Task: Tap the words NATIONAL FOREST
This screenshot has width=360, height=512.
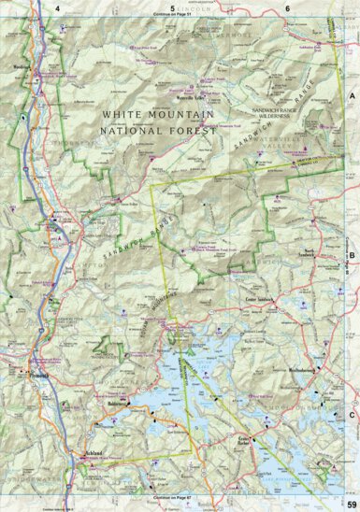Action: pyautogui.click(x=158, y=131)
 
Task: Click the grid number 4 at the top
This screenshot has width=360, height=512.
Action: pyautogui.click(x=58, y=8)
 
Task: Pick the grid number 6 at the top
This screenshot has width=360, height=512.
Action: pyautogui.click(x=287, y=8)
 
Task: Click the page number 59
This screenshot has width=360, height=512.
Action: pyautogui.click(x=350, y=505)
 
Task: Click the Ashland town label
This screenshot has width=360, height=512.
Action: pyautogui.click(x=91, y=452)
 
